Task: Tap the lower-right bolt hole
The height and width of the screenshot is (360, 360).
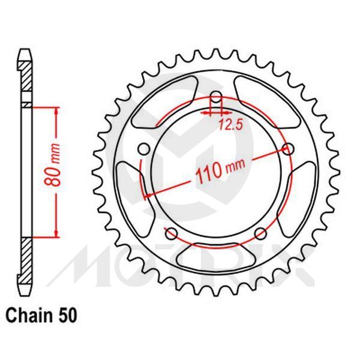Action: pos(261,233)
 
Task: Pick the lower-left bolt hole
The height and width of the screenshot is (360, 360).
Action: pos(171,233)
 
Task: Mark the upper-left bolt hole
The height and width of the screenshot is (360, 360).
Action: pos(143,149)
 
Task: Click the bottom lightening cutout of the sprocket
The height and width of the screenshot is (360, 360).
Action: pos(216,256)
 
